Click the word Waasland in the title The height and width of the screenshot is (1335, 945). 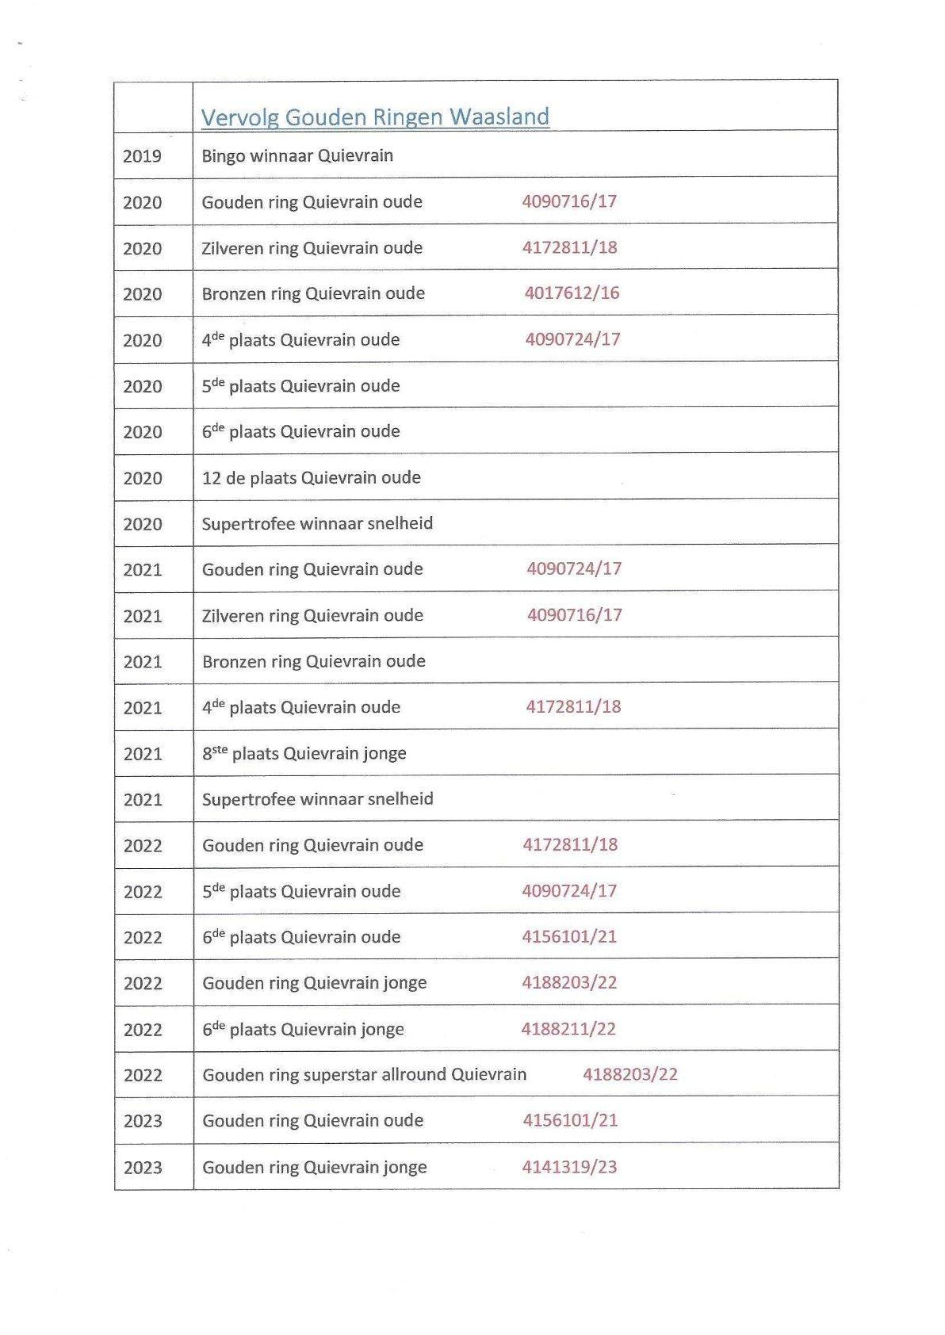[499, 117]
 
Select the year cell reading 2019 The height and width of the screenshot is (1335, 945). [142, 155]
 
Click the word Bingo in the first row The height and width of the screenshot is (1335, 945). [223, 155]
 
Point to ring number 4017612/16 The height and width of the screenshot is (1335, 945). [572, 293]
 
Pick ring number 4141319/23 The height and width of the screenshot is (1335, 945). [569, 1166]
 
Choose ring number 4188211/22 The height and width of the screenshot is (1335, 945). [568, 1028]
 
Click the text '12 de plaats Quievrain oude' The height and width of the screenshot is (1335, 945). [311, 477]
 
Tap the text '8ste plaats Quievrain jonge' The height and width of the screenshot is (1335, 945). [304, 753]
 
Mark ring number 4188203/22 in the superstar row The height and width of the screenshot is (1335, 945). [630, 1074]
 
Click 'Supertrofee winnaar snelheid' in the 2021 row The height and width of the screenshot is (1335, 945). [317, 799]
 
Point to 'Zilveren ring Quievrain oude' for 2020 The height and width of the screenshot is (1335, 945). [312, 247]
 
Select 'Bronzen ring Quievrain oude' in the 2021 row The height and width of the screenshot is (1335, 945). [313, 661]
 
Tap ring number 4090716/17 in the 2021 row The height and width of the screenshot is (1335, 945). [574, 614]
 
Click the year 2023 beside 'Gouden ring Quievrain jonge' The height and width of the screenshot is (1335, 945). [143, 1167]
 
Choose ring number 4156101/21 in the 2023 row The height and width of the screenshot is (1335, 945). [569, 1120]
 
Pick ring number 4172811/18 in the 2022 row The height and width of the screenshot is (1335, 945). [569, 844]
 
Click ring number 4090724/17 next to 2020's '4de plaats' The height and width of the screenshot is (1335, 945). [572, 339]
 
